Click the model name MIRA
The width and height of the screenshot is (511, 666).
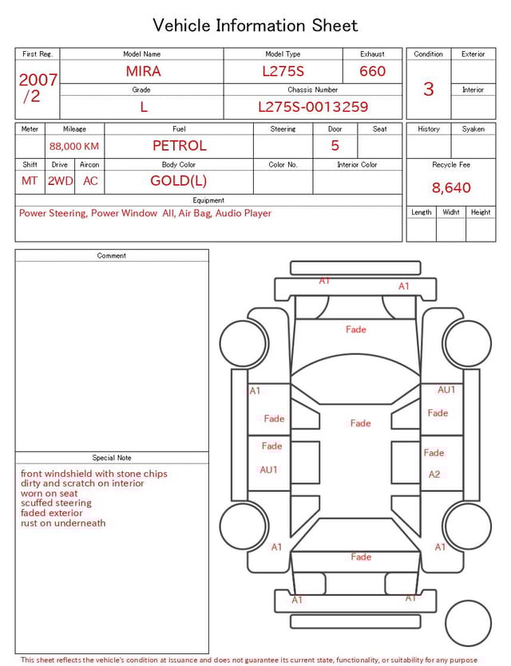click(x=143, y=71)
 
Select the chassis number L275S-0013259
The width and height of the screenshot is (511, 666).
click(x=313, y=107)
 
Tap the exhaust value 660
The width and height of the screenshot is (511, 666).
click(x=372, y=71)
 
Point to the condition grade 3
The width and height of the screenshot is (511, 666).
click(x=429, y=89)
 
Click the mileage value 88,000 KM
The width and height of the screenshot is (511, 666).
click(x=74, y=147)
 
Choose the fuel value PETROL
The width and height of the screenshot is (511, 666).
click(x=179, y=146)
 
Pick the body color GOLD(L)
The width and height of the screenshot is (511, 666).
click(x=179, y=180)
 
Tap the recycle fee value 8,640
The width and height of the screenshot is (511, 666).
click(x=451, y=188)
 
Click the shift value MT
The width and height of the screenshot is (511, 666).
click(x=30, y=181)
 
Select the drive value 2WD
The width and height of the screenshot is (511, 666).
click(x=60, y=181)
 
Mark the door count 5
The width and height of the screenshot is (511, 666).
click(x=335, y=146)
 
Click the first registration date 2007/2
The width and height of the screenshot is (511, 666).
click(x=38, y=88)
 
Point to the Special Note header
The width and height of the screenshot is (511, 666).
click(x=112, y=458)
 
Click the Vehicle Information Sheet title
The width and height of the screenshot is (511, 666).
click(x=255, y=26)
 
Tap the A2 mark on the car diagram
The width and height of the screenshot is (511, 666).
click(x=434, y=475)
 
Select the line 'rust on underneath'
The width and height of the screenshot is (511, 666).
click(x=63, y=523)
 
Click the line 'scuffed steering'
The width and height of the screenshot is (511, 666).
click(x=56, y=503)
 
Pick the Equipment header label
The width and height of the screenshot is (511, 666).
click(x=208, y=200)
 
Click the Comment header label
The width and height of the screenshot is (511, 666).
click(x=112, y=256)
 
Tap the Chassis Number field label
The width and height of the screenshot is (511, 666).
click(x=313, y=90)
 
